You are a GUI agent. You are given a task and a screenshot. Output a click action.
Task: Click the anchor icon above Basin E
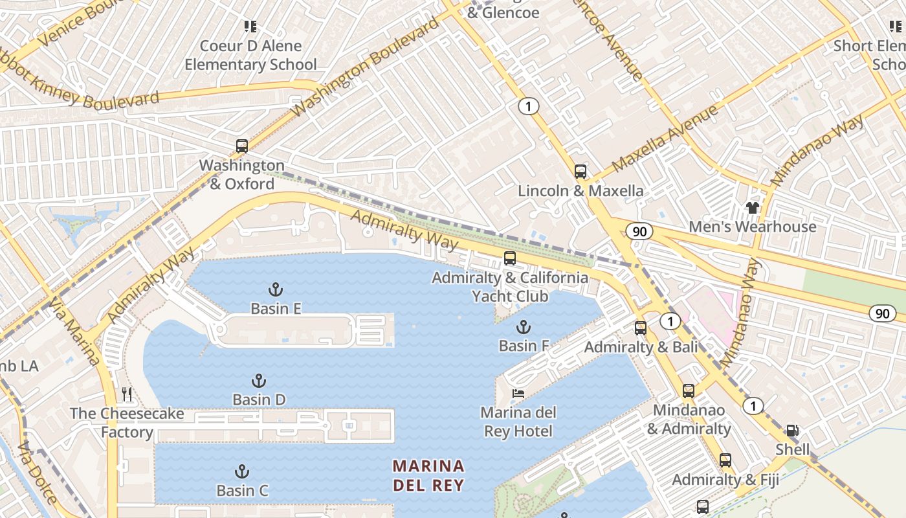click(x=276, y=289)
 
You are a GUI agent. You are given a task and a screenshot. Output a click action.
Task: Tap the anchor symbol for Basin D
click(x=260, y=381)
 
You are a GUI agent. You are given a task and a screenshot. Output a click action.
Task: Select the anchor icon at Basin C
click(x=242, y=471)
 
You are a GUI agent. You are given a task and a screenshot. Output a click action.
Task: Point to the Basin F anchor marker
click(x=523, y=327)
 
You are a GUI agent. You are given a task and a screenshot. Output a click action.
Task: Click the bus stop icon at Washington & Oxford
click(x=242, y=146)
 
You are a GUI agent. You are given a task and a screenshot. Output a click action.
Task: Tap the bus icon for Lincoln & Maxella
click(x=580, y=172)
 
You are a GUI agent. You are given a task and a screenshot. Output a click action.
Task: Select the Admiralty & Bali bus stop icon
click(x=641, y=328)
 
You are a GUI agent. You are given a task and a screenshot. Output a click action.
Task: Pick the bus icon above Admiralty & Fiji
click(x=725, y=460)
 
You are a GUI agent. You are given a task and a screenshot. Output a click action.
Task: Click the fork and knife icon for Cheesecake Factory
click(x=127, y=394)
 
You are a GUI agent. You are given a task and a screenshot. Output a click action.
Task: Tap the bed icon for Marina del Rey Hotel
click(x=518, y=393)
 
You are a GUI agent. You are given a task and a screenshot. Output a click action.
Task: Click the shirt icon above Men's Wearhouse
click(x=752, y=208)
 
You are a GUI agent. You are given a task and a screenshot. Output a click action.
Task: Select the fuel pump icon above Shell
click(x=792, y=431)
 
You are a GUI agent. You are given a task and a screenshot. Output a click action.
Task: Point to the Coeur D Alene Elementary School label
click(x=251, y=55)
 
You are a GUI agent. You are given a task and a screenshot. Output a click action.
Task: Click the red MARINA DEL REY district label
click(x=428, y=475)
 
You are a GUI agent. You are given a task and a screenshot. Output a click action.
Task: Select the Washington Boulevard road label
click(x=365, y=68)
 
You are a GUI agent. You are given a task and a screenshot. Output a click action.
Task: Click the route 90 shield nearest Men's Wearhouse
click(x=639, y=232)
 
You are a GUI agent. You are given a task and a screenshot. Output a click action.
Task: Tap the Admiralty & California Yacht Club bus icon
click(x=510, y=258)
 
